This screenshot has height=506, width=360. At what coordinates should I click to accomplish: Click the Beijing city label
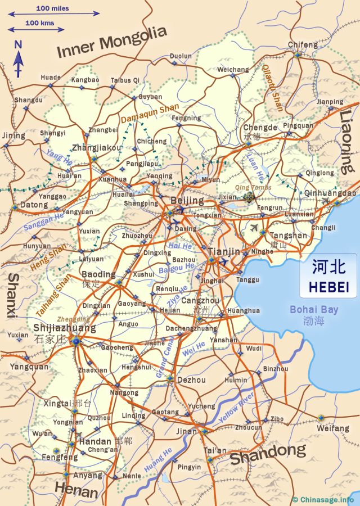coord(187,201)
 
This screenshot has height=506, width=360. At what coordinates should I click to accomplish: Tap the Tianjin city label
coord(224,251)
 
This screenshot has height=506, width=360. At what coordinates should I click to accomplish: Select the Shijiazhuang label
coord(65,328)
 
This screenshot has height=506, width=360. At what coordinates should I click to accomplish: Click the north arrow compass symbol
coord(18,59)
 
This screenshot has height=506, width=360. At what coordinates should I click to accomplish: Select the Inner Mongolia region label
coord(112,42)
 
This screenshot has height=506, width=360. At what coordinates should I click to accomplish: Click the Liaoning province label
coord(346,141)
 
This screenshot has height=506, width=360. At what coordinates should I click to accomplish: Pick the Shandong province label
coord(268,453)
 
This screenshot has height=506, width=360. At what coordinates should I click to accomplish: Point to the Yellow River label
coord(237,406)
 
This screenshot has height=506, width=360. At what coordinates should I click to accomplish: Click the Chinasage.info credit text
coord(327,499)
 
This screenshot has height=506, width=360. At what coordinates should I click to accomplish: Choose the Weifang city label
coord(333,428)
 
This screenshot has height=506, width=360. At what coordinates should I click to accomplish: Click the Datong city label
coord(34,205)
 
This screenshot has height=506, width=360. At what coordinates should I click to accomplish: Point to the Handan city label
coord(95,441)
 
